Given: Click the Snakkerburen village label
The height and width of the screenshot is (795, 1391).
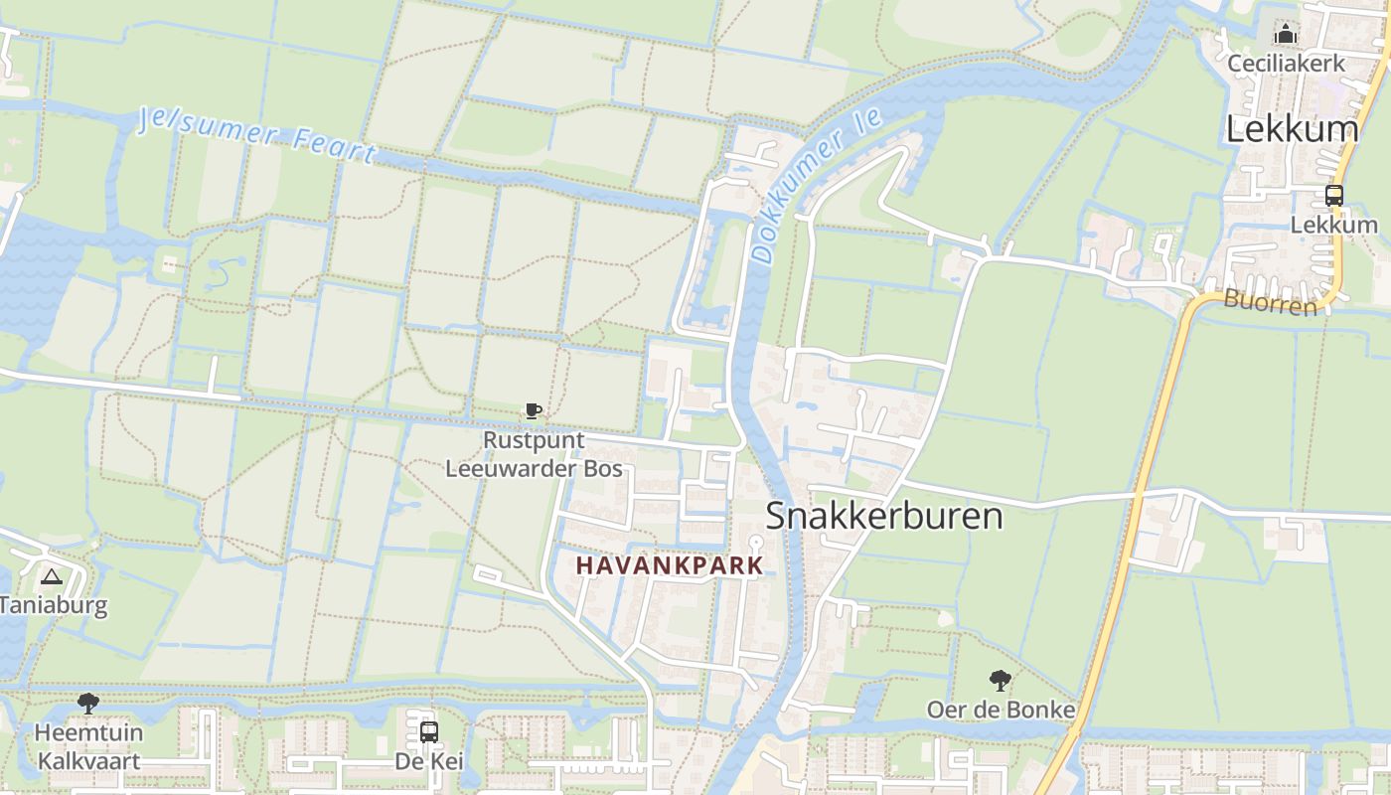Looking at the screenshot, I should tap(884, 517).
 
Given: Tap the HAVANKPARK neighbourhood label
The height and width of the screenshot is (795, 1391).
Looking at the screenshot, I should tap(670, 565).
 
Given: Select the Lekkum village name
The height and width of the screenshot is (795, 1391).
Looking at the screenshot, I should tap(1292, 129).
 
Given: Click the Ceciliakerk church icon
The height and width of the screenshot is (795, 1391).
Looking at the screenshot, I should tap(1286, 35).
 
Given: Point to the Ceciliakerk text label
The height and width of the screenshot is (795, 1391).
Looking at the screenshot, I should tap(1286, 64).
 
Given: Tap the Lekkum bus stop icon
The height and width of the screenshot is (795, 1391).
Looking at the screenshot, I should tap(1333, 196).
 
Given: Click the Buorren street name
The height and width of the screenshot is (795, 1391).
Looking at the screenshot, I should tap(1270, 302).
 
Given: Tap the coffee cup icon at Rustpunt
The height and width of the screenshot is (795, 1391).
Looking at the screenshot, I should tap(534, 411).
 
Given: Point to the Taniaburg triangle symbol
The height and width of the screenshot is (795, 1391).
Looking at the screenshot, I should tap(51, 575).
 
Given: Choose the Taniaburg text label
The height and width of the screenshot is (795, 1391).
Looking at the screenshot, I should tap(53, 604).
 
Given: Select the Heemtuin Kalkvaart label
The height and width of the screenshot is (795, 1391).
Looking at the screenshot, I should tap(88, 747).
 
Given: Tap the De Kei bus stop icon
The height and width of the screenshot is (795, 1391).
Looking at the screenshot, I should tap(429, 732).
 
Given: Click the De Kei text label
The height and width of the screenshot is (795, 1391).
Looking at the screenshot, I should tap(429, 761).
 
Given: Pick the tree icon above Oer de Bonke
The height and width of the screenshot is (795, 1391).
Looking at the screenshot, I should tap(1001, 681).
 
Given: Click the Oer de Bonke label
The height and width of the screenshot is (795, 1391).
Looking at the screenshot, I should tap(1001, 710).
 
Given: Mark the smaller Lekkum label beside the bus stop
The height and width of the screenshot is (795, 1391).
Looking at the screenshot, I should tap(1333, 225).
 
